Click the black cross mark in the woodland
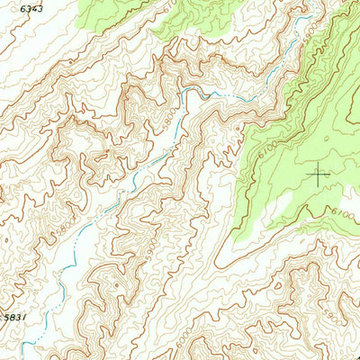click(x=319, y=175)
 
